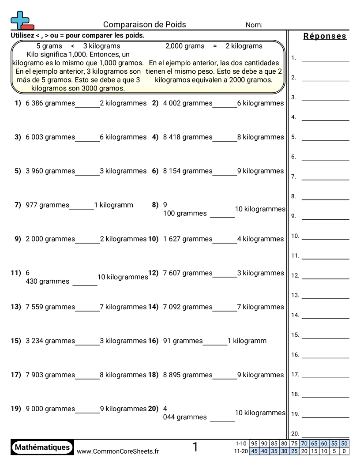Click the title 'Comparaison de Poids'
pyautogui.click(x=145, y=25)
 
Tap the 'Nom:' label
pyautogui.click(x=254, y=25)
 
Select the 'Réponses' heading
pyautogui.click(x=325, y=36)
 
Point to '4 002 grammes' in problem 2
pyautogui.click(x=187, y=103)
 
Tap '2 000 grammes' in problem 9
pyautogui.click(x=50, y=239)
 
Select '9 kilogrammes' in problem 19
pyautogui.click(x=123, y=409)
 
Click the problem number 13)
pyautogui.click(x=16, y=307)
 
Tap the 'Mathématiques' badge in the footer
pyautogui.click(x=42, y=447)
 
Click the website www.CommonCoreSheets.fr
pyautogui.click(x=118, y=451)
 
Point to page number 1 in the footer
pyautogui.click(x=195, y=447)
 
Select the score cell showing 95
pyautogui.click(x=254, y=443)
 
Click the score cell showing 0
pyautogui.click(x=345, y=451)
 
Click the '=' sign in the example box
pyautogui.click(x=215, y=46)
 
